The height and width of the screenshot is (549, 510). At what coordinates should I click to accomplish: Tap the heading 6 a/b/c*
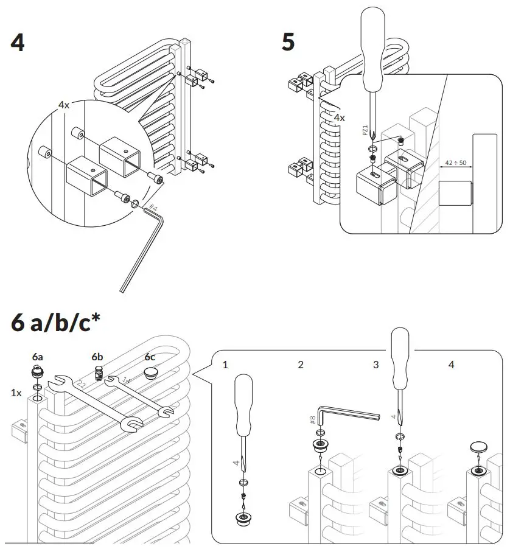pyautogui.click(x=51, y=322)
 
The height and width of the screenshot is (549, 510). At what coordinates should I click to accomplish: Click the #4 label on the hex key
pyautogui.click(x=152, y=209)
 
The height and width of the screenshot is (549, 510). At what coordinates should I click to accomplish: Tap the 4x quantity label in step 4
pyautogui.click(x=64, y=105)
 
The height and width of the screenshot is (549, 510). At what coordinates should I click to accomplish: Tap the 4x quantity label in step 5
pyautogui.click(x=339, y=117)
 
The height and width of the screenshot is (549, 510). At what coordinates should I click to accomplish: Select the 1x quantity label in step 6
pyautogui.click(x=16, y=393)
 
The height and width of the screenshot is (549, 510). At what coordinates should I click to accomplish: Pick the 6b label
pyautogui.click(x=97, y=356)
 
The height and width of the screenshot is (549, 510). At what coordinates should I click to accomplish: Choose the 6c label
pyautogui.click(x=150, y=356)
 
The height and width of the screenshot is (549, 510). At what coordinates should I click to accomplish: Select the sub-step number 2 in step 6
pyautogui.click(x=300, y=365)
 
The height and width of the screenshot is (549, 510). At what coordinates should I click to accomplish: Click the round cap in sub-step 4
pyautogui.click(x=479, y=446)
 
